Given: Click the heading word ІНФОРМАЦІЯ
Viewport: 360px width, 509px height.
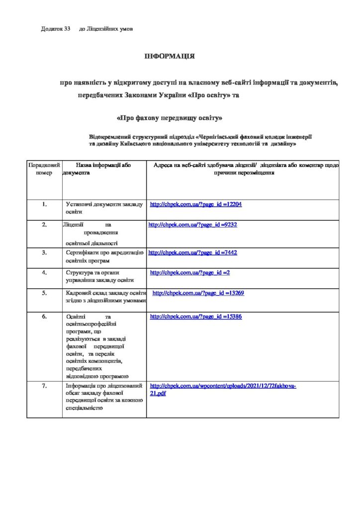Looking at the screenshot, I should tap(169, 56).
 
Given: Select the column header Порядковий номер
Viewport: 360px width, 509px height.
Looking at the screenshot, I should tap(44, 169).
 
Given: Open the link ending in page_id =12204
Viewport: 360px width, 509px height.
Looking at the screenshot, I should tap(196, 204).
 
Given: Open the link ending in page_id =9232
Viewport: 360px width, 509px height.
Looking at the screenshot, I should tap(192, 225).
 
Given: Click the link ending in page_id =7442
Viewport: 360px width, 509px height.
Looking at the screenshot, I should tap(192, 253).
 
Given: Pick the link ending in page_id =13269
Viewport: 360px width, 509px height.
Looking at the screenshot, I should tap(198, 293).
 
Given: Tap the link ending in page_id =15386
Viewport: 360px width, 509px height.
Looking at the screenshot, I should tap(196, 316).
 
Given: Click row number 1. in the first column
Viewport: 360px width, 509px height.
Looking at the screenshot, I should tap(44, 204).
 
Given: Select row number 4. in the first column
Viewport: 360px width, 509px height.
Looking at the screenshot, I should tap(44, 272).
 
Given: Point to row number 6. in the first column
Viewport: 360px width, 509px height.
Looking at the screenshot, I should tap(44, 316).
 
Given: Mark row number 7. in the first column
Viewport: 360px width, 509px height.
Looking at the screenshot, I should tap(44, 386).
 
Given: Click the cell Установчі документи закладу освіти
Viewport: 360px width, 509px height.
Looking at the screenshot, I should tap(104, 208).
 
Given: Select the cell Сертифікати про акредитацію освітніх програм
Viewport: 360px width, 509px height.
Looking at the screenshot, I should tap(104, 256).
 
